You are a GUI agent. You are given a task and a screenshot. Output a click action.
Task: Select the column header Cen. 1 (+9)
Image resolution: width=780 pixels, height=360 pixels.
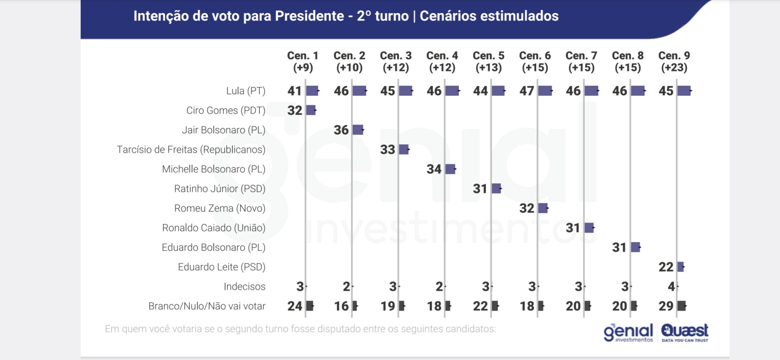(x=303, y=62)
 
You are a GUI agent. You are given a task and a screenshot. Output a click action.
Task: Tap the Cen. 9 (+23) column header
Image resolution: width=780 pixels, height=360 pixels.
(x=674, y=62)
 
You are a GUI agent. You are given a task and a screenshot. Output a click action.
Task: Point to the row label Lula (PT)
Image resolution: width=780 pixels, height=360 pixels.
(x=246, y=91)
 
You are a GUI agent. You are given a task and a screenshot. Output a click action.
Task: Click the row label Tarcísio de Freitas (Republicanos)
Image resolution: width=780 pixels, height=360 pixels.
(x=191, y=150)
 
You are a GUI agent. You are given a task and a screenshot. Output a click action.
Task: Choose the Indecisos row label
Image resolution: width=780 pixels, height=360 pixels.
(x=245, y=286)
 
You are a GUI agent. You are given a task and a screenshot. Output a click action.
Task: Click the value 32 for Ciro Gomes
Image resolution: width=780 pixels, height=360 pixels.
(x=294, y=110)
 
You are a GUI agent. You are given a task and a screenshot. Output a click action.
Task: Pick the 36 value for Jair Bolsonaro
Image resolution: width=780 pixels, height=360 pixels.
(x=341, y=130)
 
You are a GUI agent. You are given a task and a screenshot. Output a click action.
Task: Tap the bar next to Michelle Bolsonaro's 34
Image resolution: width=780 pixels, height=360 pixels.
(x=450, y=169)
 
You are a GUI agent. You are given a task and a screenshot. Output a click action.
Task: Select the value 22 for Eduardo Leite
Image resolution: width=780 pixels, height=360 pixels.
(x=666, y=267)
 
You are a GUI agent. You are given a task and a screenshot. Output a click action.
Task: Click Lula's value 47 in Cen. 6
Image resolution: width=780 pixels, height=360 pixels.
(x=527, y=91)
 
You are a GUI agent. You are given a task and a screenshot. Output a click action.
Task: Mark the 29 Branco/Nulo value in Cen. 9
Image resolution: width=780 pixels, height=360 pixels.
(x=666, y=306)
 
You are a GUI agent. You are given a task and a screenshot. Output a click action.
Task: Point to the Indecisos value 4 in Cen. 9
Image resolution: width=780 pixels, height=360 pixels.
(x=671, y=286)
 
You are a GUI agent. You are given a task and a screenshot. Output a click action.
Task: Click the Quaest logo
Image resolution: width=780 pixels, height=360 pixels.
(x=685, y=333)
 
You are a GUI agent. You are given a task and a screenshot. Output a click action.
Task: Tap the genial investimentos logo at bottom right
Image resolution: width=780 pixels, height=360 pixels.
(x=628, y=333)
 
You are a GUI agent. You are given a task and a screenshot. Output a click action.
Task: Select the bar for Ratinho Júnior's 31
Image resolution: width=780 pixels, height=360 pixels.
(x=496, y=189)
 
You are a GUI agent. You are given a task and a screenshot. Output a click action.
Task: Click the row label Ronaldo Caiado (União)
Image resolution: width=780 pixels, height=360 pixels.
(x=214, y=228)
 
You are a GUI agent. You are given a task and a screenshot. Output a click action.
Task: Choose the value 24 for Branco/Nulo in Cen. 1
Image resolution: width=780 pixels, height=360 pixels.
(x=295, y=306)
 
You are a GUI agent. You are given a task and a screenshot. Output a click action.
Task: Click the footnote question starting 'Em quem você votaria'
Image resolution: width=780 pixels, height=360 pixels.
(x=300, y=329)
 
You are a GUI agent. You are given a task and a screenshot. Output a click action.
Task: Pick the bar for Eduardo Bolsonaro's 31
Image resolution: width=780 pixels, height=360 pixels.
(x=635, y=247)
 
